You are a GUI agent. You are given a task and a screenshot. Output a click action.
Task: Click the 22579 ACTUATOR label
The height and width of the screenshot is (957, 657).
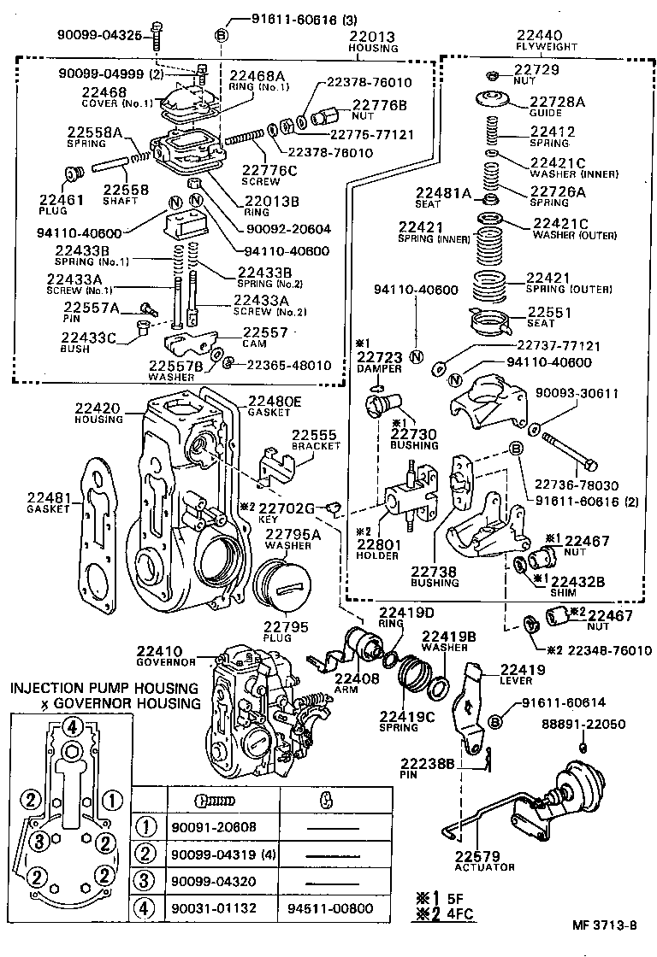click(x=484, y=860)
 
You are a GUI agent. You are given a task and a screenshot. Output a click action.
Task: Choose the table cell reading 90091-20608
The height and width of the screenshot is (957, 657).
click(x=213, y=826)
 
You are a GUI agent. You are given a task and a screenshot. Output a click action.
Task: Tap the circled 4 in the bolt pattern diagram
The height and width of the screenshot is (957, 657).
click(x=74, y=728)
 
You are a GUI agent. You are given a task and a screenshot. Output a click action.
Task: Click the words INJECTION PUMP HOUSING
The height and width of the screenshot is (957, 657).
click(x=104, y=688)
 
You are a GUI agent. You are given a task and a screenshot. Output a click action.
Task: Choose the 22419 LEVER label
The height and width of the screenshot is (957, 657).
click(x=517, y=674)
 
